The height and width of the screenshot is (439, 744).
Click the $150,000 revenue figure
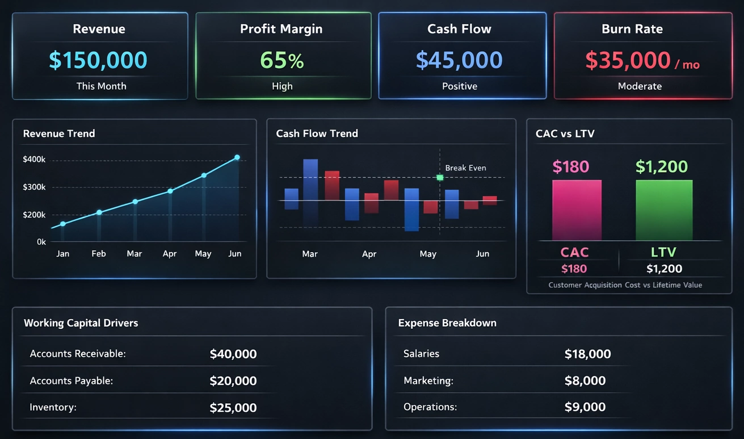tap(98, 60)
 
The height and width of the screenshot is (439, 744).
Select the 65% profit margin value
tap(282, 60)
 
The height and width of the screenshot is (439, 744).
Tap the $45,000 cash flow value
tap(459, 60)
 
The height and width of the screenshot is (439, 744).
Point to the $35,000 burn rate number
tap(628, 60)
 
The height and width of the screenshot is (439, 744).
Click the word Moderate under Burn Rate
tap(640, 86)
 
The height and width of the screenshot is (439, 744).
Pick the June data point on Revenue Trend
tap(237, 157)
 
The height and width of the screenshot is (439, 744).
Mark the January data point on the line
tap(63, 224)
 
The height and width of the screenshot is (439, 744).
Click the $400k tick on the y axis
tap(34, 160)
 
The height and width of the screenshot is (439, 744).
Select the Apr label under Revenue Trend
tap(170, 254)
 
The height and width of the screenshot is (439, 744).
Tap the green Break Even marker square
tap(440, 178)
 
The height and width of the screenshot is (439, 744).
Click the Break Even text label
tap(465, 168)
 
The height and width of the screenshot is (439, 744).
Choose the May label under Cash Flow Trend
tap(428, 254)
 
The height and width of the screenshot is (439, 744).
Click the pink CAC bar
tap(577, 210)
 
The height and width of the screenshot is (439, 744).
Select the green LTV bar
tap(664, 210)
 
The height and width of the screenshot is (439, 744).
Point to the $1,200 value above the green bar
tap(662, 166)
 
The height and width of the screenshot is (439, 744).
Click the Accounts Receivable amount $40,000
tap(233, 354)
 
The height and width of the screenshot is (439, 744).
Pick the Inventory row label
tap(53, 407)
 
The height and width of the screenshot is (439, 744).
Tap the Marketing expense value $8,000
tap(585, 381)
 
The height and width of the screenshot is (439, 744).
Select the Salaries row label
tap(421, 354)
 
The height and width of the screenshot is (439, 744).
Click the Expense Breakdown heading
tap(447, 323)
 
